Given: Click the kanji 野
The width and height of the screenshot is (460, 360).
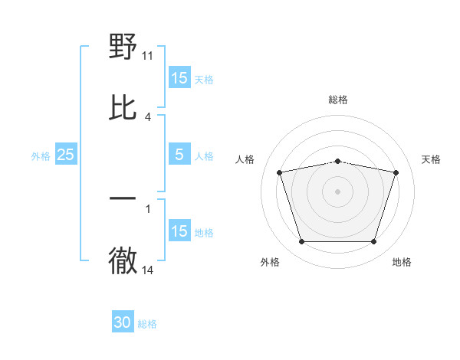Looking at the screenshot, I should point(123,47).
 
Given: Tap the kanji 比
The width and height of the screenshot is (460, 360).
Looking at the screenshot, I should point(123,107).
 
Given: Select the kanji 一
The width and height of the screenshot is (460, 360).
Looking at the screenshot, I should point(123,199).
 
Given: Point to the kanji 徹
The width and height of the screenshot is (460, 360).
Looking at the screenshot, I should point(123,261).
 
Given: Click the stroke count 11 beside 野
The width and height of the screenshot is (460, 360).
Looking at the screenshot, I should point(148,56).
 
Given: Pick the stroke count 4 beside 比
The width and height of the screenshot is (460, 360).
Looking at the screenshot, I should point(148,116).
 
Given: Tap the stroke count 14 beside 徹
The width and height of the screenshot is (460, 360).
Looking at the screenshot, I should point(148,270).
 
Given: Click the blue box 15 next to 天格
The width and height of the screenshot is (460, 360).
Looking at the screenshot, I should point(179,78).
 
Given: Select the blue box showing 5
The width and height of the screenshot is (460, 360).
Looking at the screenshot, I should point(179,155).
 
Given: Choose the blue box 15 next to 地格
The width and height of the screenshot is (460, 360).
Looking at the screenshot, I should point(179,231).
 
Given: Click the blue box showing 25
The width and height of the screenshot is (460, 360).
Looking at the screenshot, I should point(66,155).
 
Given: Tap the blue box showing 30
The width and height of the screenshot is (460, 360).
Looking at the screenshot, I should point(123,323).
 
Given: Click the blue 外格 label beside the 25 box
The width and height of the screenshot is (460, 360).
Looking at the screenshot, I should point(41,155).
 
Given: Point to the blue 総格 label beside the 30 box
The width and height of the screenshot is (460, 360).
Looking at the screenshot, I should point(147,324).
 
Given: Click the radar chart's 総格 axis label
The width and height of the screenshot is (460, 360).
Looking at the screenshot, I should point(338,100).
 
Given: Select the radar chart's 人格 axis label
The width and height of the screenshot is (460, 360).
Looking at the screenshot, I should point(245,159).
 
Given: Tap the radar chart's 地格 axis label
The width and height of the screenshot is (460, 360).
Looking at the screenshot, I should point(402,262).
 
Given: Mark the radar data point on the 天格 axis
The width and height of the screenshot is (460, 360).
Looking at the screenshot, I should point(396,172).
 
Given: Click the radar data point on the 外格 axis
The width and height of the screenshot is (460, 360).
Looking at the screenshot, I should point(301,242).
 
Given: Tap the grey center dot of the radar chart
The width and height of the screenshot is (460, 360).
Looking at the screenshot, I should point(338,191).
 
